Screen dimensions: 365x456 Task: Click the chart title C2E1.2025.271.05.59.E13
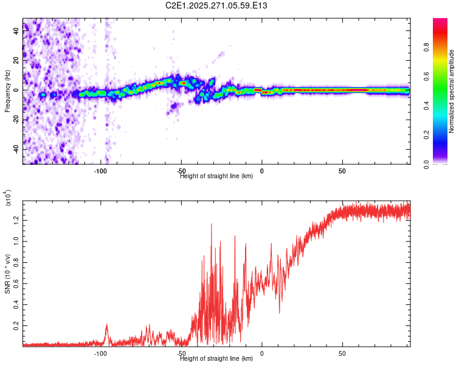(x=217, y=6)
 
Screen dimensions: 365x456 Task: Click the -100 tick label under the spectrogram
(x=101, y=171)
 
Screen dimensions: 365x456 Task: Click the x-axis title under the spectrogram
(x=216, y=176)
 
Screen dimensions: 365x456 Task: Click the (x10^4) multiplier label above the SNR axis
(x=8, y=198)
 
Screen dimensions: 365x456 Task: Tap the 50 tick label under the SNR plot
(x=342, y=353)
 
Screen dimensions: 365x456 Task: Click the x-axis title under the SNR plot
(x=216, y=359)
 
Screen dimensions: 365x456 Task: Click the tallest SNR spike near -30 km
(x=212, y=224)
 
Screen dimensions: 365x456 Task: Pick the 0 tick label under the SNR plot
(x=262, y=353)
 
